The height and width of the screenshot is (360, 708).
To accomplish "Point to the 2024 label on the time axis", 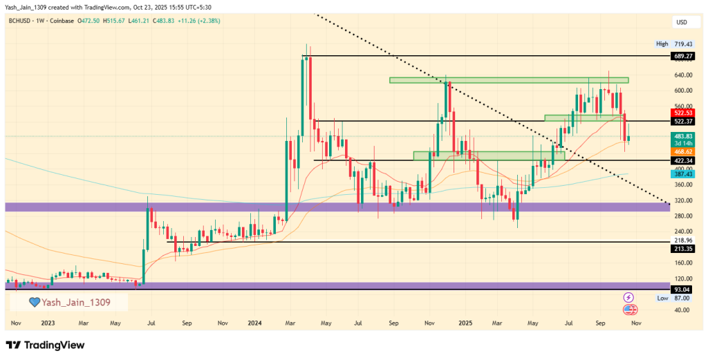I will pos(254,323).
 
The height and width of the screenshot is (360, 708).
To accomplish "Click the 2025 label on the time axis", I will pos(465,323).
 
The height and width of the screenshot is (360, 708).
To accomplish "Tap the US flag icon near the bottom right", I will pos(629,308).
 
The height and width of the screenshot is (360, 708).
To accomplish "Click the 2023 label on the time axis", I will pos(48,323).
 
